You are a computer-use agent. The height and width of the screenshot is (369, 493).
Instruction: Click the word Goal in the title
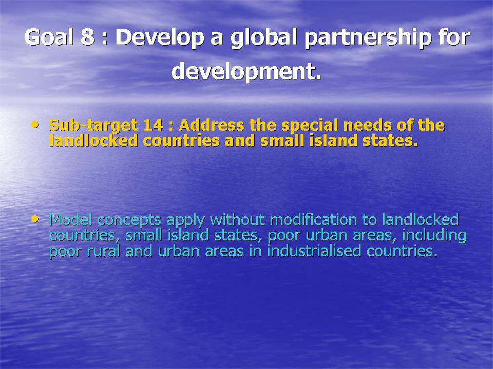point(49,37)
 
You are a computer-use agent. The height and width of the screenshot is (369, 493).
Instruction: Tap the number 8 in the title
point(88,37)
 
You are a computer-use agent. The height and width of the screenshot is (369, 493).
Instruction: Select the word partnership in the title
point(368,39)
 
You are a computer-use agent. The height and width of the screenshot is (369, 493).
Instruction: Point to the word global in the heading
point(264,39)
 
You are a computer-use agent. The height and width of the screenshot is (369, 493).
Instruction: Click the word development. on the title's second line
point(246,72)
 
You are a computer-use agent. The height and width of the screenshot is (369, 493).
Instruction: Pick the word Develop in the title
point(160,39)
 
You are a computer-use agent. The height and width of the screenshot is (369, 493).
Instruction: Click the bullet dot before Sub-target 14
point(35,125)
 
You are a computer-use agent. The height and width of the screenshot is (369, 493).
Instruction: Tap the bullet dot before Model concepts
point(35,219)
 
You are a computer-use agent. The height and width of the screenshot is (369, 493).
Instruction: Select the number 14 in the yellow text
point(153,125)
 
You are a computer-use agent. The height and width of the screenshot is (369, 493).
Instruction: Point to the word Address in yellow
point(211,125)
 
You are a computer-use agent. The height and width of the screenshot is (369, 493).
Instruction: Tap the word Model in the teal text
point(70,219)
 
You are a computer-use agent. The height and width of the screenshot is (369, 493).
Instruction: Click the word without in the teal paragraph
point(237,219)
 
